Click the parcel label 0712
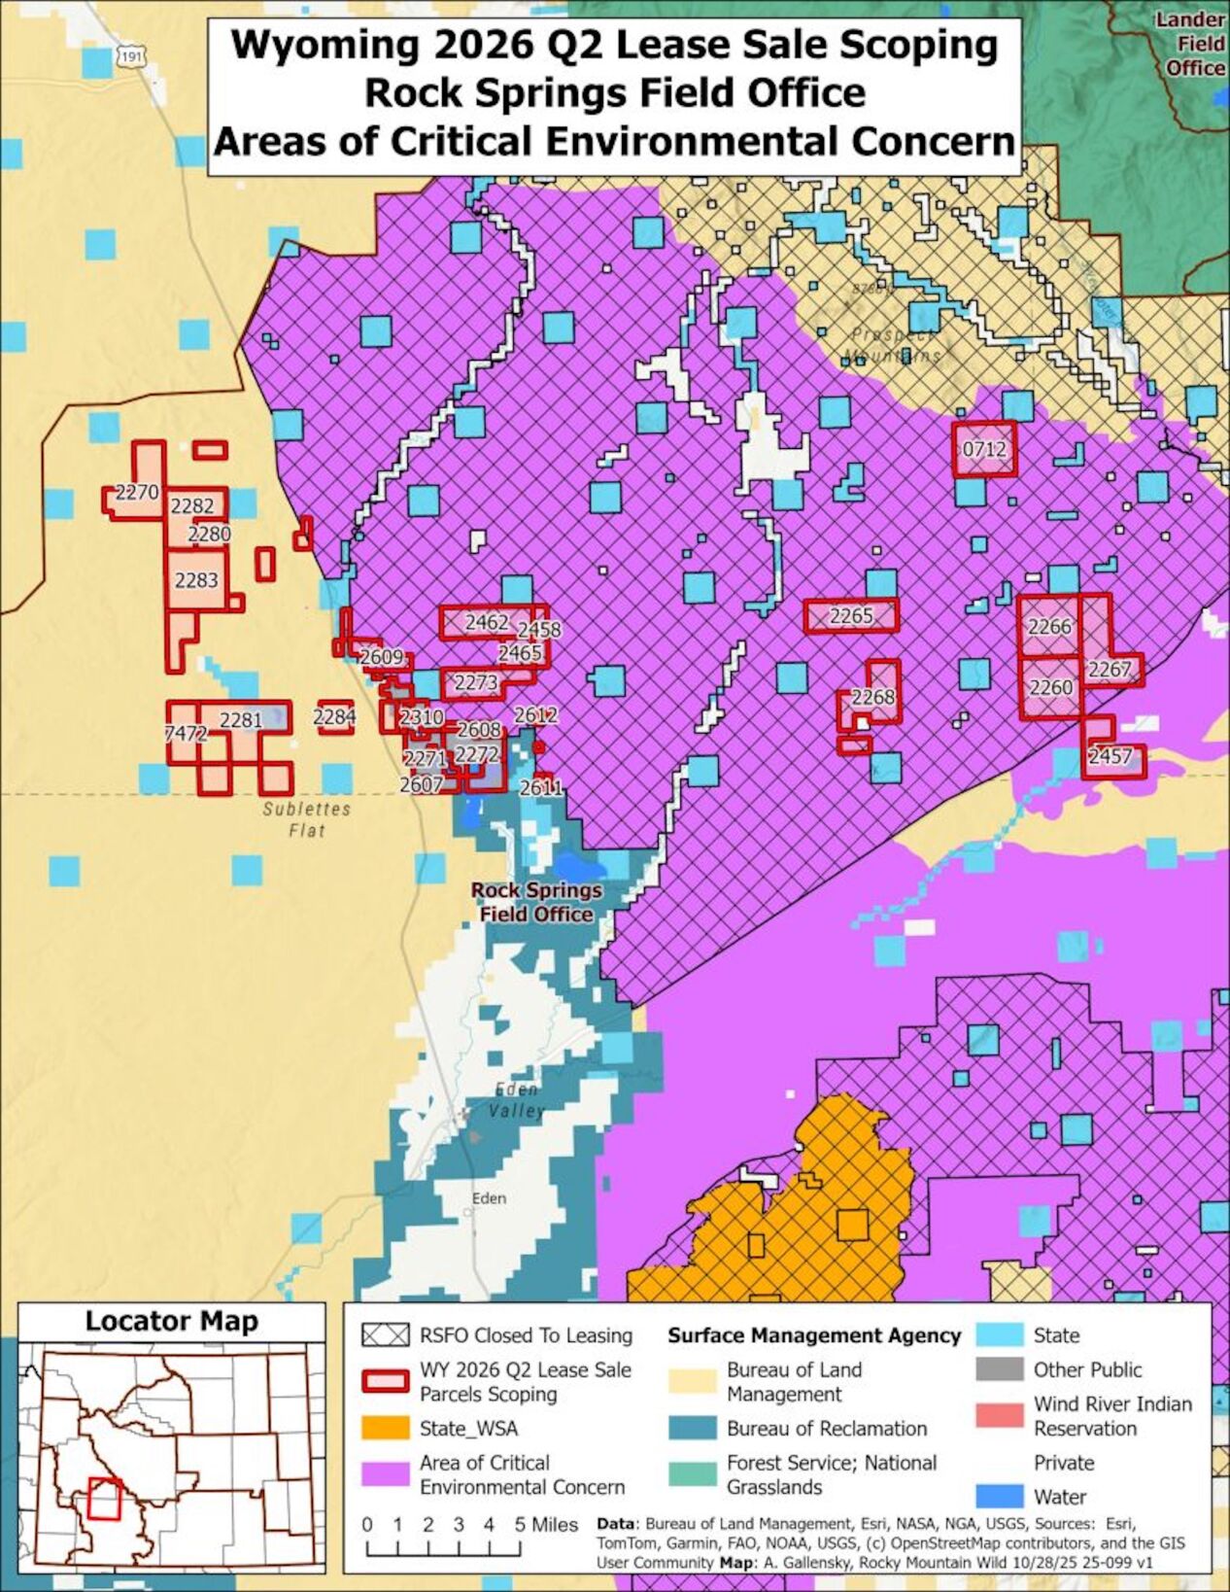tap(983, 449)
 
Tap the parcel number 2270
tap(136, 493)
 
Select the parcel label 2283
tap(196, 580)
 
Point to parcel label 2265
tap(851, 615)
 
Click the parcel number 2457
tap(1110, 756)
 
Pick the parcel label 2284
tap(334, 717)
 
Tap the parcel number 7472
tap(185, 734)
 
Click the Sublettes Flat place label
tap(306, 819)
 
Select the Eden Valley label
tap(516, 1100)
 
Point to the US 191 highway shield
tap(129, 56)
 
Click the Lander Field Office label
tap(1192, 44)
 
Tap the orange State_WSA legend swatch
tap(385, 1429)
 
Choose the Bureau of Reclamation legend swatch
tap(693, 1429)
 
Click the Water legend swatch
tap(1000, 1497)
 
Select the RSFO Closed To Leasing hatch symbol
tap(385, 1335)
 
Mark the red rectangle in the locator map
tap(103, 1498)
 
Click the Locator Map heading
tap(172, 1322)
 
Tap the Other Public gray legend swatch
tap(1000, 1369)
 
